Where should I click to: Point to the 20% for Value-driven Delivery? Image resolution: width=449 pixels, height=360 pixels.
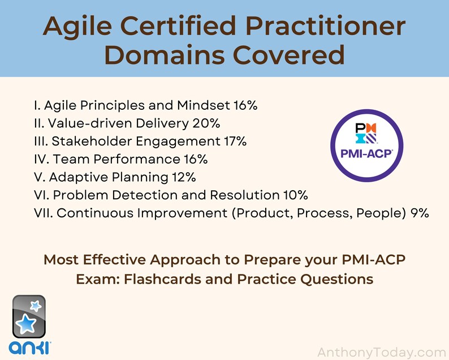coord(206,123)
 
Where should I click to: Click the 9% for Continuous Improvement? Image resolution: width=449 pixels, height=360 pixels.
coord(420,213)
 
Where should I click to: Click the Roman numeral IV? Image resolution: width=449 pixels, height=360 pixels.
coord(41,159)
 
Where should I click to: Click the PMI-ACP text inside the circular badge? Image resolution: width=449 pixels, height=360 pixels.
coord(366,153)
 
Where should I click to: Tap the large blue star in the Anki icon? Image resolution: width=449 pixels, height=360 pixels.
coord(25,325)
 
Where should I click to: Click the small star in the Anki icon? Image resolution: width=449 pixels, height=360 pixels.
coord(35,306)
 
